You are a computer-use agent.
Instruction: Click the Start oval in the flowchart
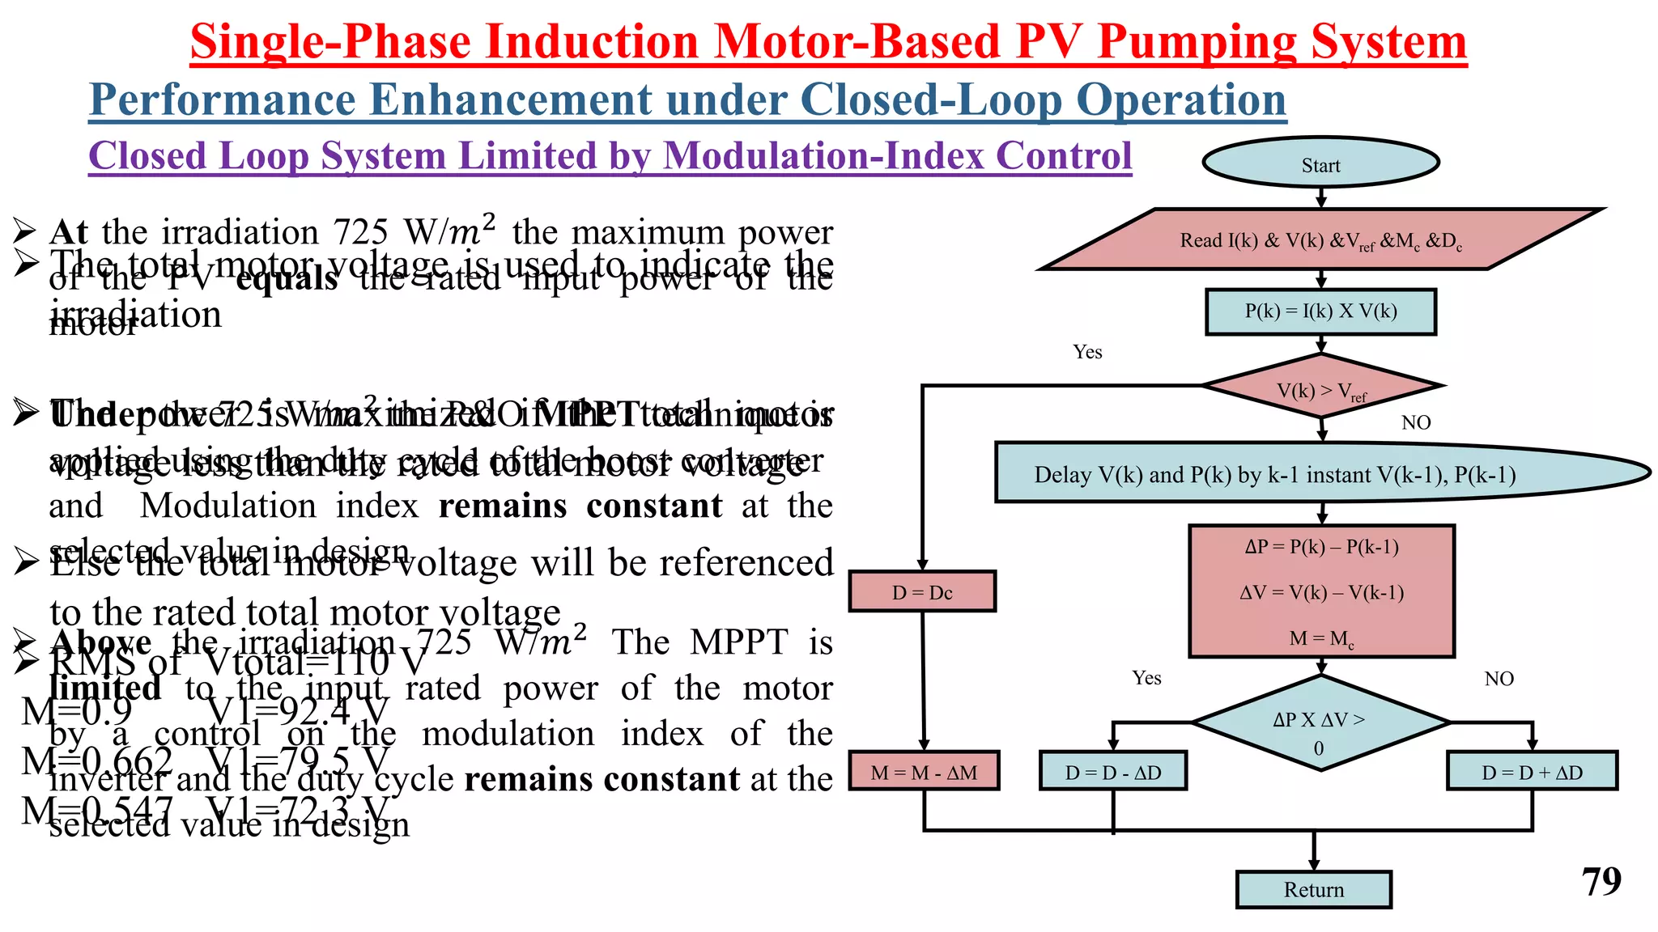coord(1320,163)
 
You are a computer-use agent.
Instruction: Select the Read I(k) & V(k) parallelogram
coord(1320,239)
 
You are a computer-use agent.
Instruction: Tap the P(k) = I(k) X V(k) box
coord(1320,311)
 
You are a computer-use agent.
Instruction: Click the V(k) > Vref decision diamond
coord(1320,388)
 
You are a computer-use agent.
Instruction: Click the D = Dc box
coord(922,592)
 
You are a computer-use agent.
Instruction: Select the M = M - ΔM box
coord(924,772)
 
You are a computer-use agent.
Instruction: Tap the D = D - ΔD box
coord(1113,772)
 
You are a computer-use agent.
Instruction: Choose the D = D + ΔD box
coord(1532,772)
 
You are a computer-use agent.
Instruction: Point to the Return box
coord(1313,890)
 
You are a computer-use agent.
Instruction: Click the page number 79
coord(1601,881)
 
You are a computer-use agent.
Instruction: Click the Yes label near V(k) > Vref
coord(1087,352)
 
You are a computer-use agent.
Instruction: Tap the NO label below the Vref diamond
coord(1416,422)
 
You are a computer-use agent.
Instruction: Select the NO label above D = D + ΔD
coord(1499,679)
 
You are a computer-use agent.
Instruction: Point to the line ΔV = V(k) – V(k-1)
coord(1321,592)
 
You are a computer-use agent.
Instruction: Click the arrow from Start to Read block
coord(1320,197)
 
